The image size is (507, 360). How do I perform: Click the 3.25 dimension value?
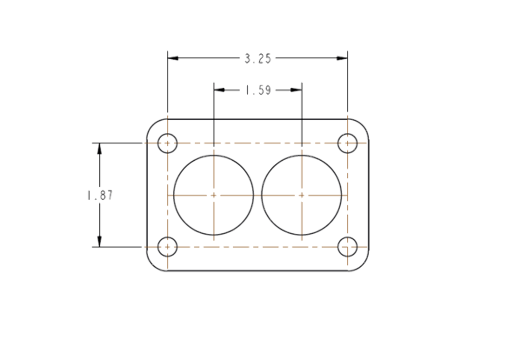pos(258,59)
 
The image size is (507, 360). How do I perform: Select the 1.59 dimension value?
pos(258,90)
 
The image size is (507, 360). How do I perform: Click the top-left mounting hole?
pos(167,143)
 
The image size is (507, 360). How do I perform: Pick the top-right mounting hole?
pos(347,143)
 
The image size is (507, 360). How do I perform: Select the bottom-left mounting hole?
pos(167,247)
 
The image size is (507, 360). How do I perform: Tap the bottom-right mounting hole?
pos(347,247)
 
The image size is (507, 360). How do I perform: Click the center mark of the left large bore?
pos(214,195)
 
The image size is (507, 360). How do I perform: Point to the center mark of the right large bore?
pos(302,195)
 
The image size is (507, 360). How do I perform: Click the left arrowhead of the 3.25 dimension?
pos(173,58)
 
